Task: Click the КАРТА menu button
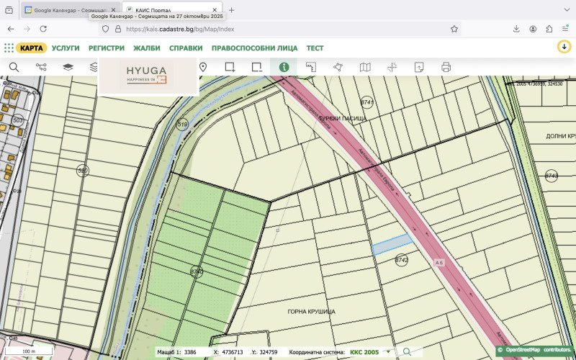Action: tap(32, 48)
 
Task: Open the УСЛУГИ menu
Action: tap(66, 48)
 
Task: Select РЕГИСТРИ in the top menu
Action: tap(107, 48)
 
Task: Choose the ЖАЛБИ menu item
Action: tap(147, 48)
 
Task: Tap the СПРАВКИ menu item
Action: tap(186, 48)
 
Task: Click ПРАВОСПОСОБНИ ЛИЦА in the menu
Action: tap(255, 48)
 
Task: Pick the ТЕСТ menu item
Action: tap(315, 48)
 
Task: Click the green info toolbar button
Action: tap(284, 67)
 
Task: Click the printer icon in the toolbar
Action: tap(446, 67)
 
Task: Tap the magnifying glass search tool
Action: tap(14, 67)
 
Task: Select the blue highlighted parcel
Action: tap(392, 244)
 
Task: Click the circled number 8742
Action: tap(402, 260)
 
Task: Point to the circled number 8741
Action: tap(367, 102)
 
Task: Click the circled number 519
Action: tap(182, 125)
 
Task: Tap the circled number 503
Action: tap(18, 120)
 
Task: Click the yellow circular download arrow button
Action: tap(564, 47)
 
